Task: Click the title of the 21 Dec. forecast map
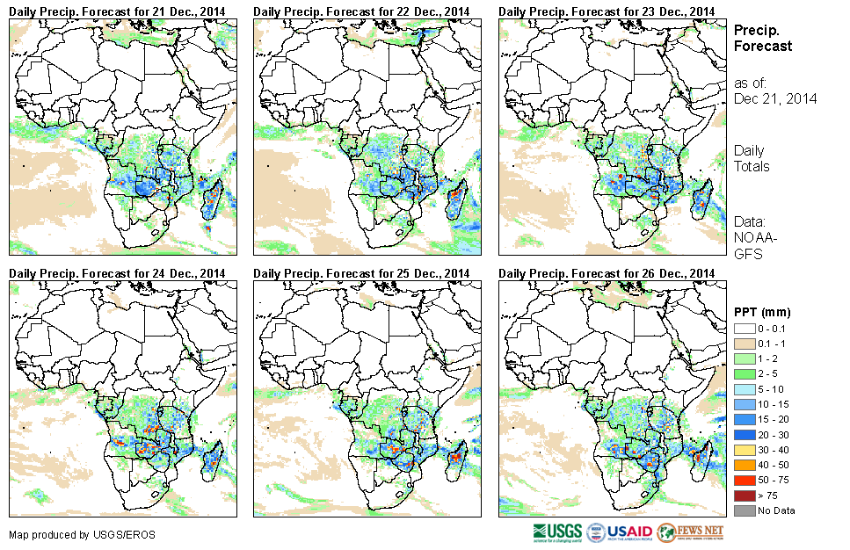pyautogui.click(x=117, y=11)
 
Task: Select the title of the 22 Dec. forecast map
pyautogui.click(x=361, y=11)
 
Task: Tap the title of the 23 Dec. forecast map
pyautogui.click(x=607, y=11)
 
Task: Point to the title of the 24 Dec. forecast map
pyautogui.click(x=117, y=274)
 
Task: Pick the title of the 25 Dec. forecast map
pyautogui.click(x=361, y=274)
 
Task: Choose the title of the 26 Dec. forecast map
pyautogui.click(x=607, y=274)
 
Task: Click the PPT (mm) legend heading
pyautogui.click(x=762, y=312)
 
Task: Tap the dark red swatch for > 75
pyautogui.click(x=744, y=496)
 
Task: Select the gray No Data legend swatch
pyautogui.click(x=744, y=510)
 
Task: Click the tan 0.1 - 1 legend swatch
pyautogui.click(x=744, y=342)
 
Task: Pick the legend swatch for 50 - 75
pyautogui.click(x=744, y=482)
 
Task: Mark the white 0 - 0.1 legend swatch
pyautogui.click(x=744, y=328)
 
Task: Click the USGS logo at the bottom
pyautogui.click(x=556, y=532)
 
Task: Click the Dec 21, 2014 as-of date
pyautogui.click(x=775, y=98)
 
